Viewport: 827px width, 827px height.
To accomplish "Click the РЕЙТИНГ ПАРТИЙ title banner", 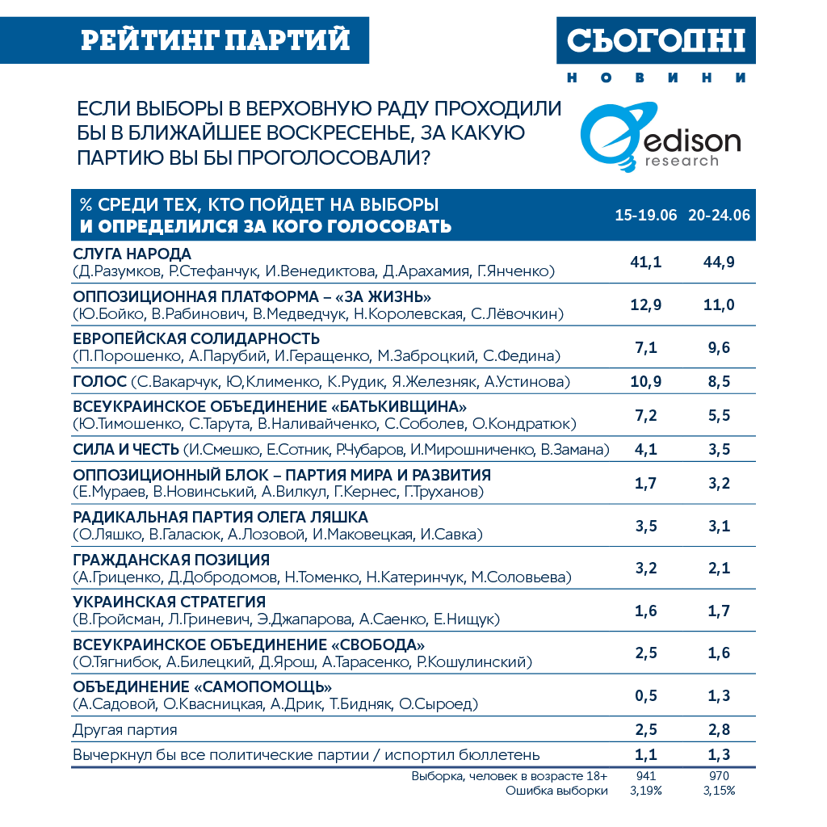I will point(216,40).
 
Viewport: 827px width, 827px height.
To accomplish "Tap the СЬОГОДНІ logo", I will point(655,40).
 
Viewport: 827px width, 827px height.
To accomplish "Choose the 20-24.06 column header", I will point(719,216).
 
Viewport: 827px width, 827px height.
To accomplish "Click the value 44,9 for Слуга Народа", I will point(719,262).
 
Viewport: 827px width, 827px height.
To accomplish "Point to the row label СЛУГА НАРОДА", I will point(132,254).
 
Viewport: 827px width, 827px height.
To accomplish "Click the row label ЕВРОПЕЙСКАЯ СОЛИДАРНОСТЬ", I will point(196,338).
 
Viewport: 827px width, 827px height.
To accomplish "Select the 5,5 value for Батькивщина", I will point(719,415).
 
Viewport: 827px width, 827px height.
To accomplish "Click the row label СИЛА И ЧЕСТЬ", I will point(126,449).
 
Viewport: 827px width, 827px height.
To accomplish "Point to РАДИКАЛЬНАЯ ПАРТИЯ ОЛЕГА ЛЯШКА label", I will point(220,517).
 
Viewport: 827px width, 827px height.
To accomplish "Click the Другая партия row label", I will point(125,730).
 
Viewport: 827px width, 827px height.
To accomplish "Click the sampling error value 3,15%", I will point(719,791).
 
